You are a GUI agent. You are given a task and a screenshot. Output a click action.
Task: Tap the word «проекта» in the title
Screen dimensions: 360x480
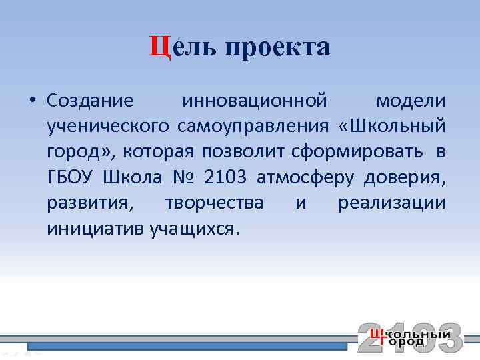click(277, 49)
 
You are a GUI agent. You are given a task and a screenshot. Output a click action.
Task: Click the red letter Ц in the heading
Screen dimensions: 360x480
click(160, 47)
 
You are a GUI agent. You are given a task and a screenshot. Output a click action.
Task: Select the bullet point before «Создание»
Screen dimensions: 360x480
click(31, 101)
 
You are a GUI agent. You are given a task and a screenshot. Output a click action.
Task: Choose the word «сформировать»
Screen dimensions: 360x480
click(356, 152)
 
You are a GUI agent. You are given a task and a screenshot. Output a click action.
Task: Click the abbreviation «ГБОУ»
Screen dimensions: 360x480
click(71, 177)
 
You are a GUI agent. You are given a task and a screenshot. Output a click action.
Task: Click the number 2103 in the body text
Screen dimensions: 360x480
click(226, 177)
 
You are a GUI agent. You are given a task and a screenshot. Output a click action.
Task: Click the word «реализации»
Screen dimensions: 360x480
click(392, 203)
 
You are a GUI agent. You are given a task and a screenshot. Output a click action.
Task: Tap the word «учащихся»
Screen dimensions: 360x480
click(193, 229)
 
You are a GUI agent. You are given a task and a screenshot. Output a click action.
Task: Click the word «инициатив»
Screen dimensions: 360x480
click(95, 229)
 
